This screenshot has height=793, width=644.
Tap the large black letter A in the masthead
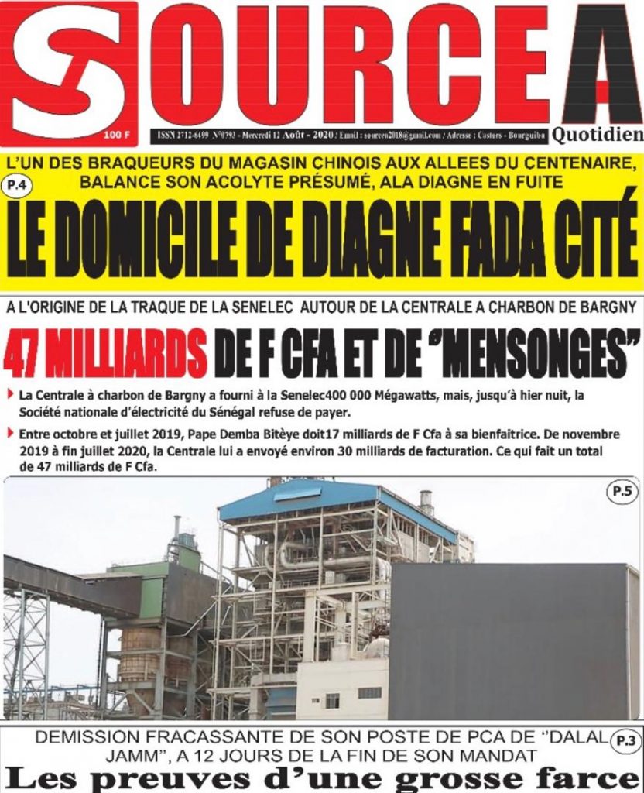pos(601,66)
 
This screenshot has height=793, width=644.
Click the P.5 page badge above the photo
pos(622,491)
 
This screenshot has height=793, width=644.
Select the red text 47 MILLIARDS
pos(105,352)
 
